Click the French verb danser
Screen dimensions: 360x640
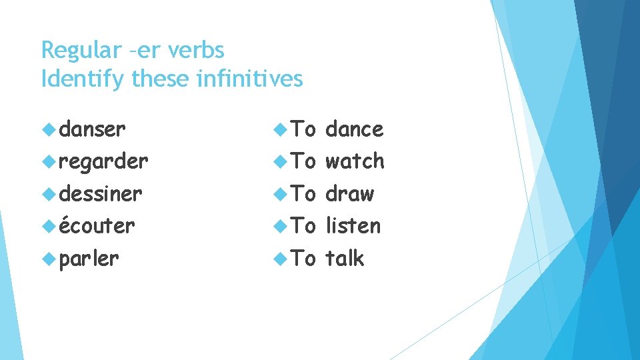point(92,129)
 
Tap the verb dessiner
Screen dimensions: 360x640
point(101,194)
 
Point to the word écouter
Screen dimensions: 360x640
point(97,226)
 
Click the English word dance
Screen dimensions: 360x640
point(354,129)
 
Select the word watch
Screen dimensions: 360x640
point(355,161)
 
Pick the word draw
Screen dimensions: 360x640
point(349,194)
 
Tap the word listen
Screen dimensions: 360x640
point(353,226)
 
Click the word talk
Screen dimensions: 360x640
point(345,258)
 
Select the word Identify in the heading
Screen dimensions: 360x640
point(83,79)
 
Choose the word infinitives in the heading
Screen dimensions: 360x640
point(251,79)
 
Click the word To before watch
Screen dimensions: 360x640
point(304,161)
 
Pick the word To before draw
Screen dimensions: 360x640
point(304,194)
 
